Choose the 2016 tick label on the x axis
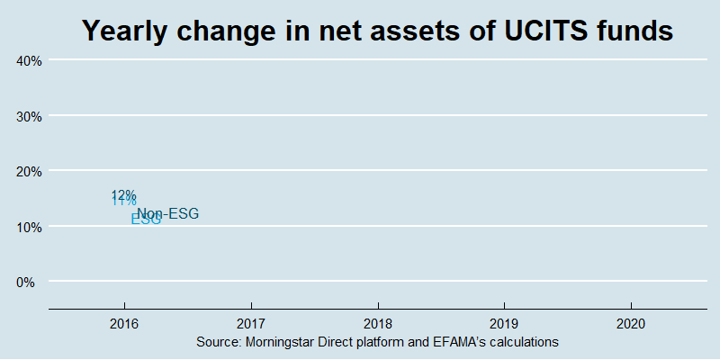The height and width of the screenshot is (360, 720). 124,323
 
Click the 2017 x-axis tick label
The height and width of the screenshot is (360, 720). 251,323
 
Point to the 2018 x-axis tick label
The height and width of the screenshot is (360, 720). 378,323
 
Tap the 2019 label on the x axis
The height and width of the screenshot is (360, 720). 504,323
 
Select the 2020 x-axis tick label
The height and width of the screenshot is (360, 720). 631,323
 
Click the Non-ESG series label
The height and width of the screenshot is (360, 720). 167,213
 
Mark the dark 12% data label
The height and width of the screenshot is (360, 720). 123,194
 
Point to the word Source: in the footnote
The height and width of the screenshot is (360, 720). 217,343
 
